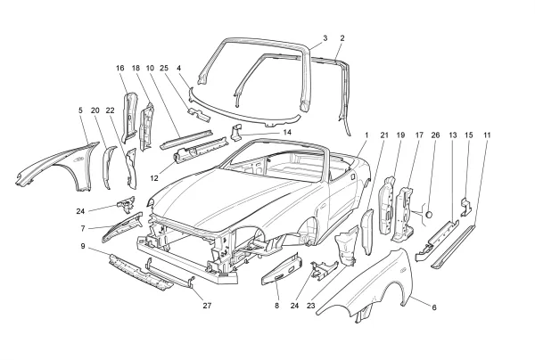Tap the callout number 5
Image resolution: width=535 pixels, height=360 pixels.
click(x=80, y=110)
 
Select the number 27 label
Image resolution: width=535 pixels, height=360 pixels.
click(x=208, y=305)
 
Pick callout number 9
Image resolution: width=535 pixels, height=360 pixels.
click(x=84, y=246)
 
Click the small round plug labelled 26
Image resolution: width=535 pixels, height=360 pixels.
click(x=428, y=214)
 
